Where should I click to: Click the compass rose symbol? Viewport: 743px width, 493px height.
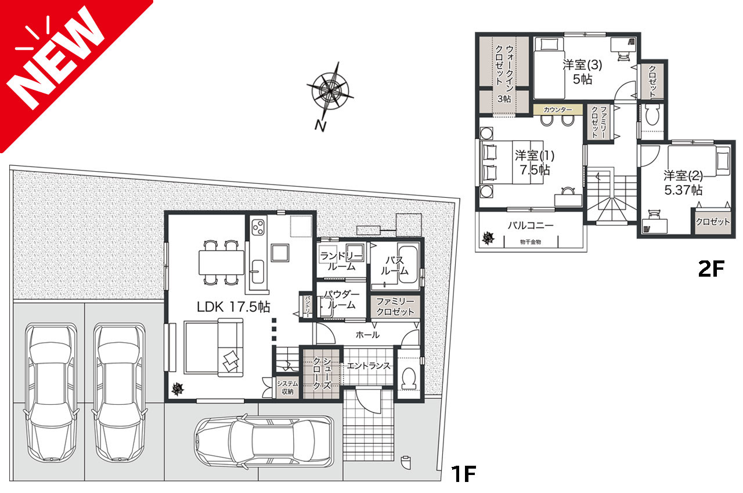pos(330,90)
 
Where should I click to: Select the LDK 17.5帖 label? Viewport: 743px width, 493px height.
pos(233,307)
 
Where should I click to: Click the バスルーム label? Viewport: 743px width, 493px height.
pos(394,266)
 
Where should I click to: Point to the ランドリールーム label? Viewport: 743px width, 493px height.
pos(341,261)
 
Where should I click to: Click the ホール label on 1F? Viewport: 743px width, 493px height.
pos(367,335)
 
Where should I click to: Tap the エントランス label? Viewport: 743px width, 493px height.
pos(369,366)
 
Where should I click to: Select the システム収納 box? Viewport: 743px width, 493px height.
pos(287,387)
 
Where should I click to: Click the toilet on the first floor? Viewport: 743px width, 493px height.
pos(409,378)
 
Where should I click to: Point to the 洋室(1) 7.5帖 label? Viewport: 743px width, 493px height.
pos(535,162)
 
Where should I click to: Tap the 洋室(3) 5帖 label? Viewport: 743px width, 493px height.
pos(582,72)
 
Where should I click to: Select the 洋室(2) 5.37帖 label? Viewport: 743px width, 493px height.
pos(683,183)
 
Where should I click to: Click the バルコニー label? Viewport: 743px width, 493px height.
pos(531,226)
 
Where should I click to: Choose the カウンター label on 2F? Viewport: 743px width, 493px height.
pos(558,110)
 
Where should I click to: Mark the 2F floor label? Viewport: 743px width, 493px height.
pos(711,269)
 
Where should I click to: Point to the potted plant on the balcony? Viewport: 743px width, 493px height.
pos(488,238)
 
